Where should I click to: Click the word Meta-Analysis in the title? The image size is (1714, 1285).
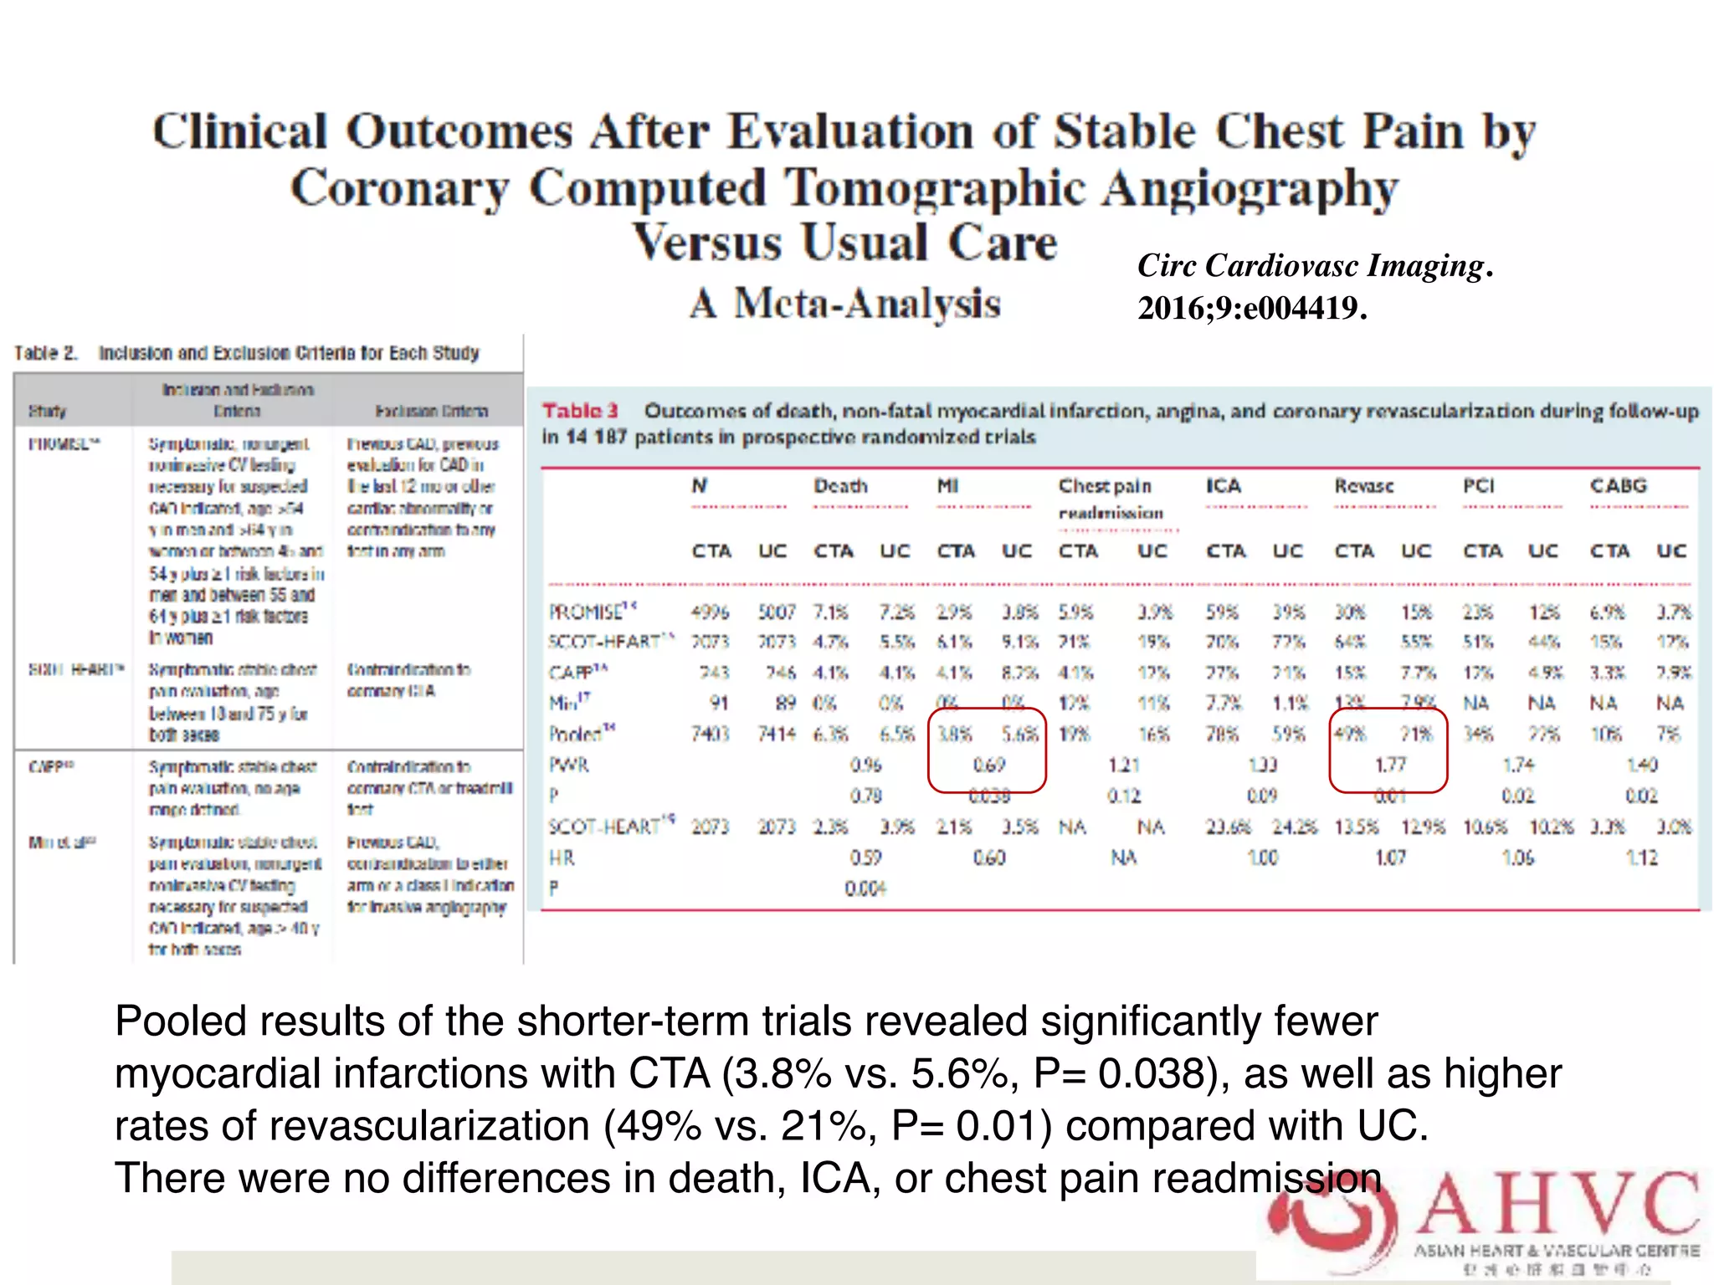click(867, 303)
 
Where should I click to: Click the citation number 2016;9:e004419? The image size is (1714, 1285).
click(1251, 309)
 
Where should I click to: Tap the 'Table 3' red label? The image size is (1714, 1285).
click(580, 411)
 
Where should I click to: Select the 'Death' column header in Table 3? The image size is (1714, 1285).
click(840, 486)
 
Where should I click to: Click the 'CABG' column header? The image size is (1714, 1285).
click(1618, 486)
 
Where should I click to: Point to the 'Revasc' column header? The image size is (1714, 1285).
click(1363, 486)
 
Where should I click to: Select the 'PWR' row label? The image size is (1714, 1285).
click(568, 765)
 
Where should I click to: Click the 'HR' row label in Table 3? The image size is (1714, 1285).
click(562, 858)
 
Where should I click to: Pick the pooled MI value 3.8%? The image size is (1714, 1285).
click(954, 735)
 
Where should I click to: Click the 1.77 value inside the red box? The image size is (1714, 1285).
click(1390, 765)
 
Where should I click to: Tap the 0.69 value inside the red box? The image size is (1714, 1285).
click(988, 765)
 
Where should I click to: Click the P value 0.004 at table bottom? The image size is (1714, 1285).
click(865, 888)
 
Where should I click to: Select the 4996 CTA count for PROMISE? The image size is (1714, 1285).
click(710, 612)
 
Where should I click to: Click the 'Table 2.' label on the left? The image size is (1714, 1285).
click(45, 353)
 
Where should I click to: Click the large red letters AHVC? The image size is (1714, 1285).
click(1557, 1205)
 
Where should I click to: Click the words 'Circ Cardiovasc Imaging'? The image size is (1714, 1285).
click(1310, 266)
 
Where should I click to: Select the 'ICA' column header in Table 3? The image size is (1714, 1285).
click(1223, 486)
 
